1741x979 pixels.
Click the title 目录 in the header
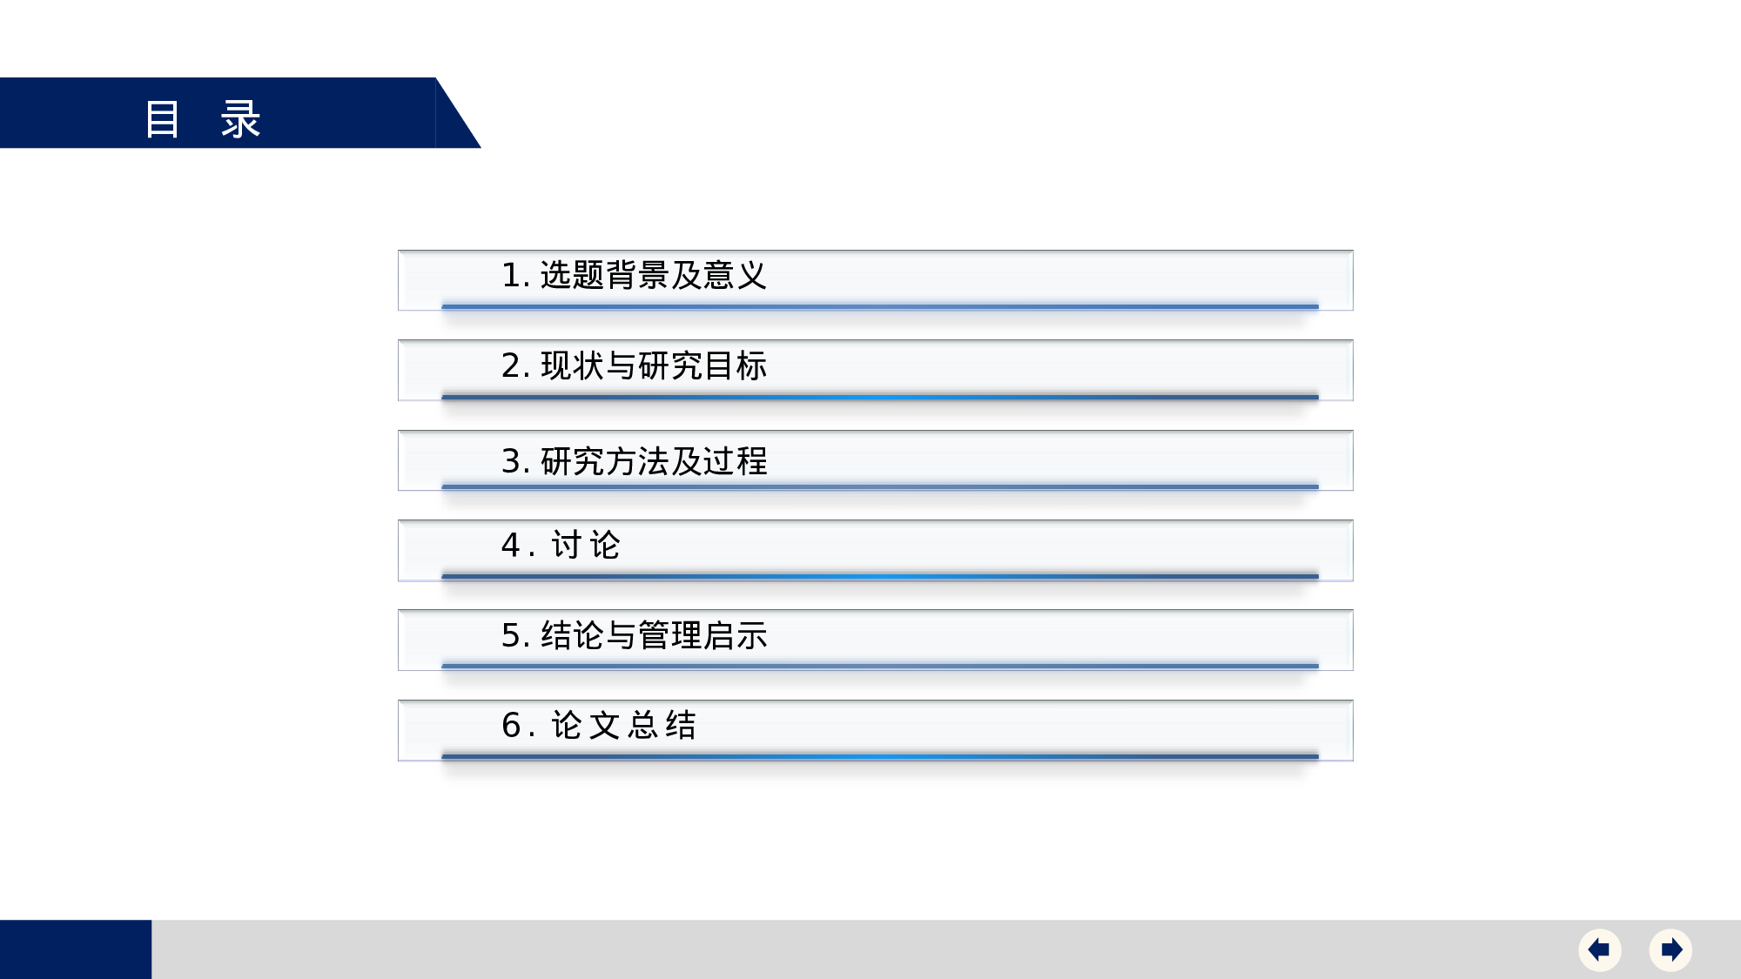coord(202,118)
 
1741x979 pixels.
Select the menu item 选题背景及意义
coord(653,276)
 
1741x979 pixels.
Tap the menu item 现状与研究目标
coord(653,366)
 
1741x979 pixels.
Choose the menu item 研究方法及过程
coord(653,461)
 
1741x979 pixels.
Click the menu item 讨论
coord(585,546)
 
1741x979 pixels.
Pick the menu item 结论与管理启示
coord(653,636)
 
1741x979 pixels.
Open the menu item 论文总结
coord(623,726)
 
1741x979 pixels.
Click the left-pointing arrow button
coord(1599,949)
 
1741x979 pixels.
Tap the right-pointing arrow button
coord(1670,949)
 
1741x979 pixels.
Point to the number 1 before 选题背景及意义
coord(511,276)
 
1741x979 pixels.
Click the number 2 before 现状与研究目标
coord(511,366)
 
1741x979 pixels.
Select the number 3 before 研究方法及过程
coord(511,461)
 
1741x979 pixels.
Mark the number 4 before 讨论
coord(511,546)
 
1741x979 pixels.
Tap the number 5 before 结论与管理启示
coord(511,636)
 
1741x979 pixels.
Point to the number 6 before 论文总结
coord(511,726)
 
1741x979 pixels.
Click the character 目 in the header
coord(163,118)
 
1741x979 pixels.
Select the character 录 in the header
coord(240,118)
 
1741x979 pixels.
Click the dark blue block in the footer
coord(75,949)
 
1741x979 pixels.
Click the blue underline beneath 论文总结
coord(879,756)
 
